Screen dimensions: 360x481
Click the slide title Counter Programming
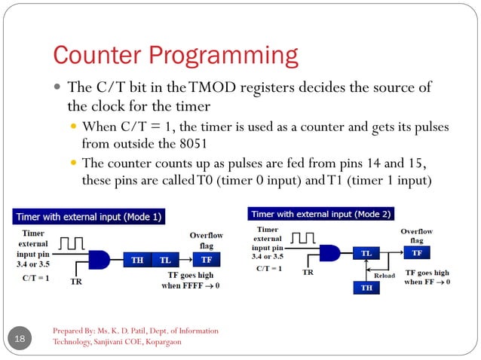175,55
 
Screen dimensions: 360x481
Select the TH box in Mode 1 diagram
137,260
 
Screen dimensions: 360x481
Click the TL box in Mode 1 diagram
164,260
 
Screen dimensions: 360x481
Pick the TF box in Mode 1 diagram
205,260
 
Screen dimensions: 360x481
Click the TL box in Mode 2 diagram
366,255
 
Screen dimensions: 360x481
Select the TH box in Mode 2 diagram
366,288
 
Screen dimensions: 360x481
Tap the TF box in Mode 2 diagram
417,254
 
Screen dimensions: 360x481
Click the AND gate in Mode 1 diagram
100,260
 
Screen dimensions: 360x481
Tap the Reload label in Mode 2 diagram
384,276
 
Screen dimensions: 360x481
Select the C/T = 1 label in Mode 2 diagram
269,268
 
